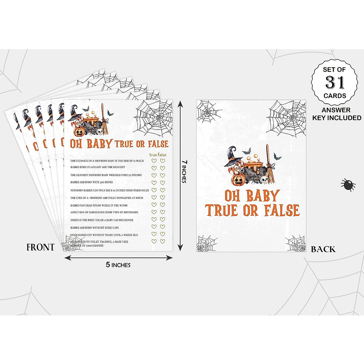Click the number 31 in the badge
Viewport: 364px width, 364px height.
[x=335, y=82]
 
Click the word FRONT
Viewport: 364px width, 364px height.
[x=40, y=248]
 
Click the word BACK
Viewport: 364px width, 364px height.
[x=323, y=249]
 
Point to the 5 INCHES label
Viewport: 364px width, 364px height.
[x=118, y=265]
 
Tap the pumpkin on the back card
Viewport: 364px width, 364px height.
[x=238, y=180]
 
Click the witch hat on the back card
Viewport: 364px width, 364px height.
[x=234, y=156]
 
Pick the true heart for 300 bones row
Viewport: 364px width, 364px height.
[x=154, y=183]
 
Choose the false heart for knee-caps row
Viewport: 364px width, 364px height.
[x=163, y=227]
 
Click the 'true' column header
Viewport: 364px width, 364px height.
[x=153, y=155]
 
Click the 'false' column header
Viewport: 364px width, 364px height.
[x=162, y=155]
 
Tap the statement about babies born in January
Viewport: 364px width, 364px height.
[x=97, y=167]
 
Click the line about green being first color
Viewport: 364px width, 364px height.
[x=102, y=220]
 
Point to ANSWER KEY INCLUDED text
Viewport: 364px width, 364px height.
[x=337, y=114]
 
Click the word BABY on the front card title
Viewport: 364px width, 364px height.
[x=99, y=144]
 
